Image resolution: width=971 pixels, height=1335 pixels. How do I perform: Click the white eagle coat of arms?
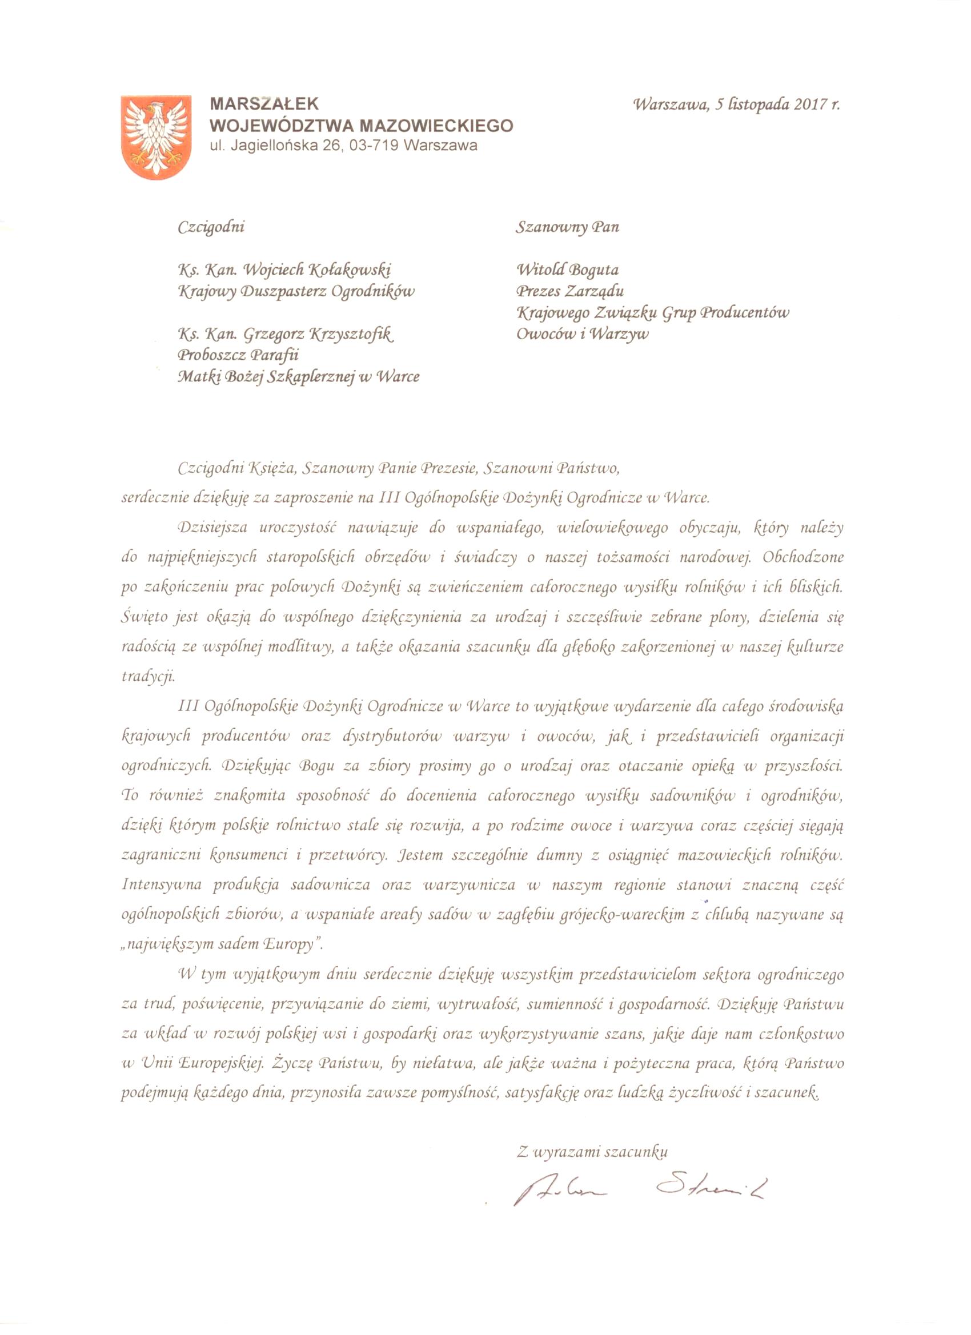click(156, 136)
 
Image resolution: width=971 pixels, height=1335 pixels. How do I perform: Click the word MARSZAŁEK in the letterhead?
click(264, 104)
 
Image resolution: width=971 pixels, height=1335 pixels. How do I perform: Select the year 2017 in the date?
click(811, 104)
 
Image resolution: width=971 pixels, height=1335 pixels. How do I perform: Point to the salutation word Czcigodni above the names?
click(211, 227)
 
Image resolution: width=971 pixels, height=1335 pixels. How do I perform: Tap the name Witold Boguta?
click(568, 270)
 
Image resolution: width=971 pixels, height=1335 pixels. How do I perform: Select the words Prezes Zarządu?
click(570, 291)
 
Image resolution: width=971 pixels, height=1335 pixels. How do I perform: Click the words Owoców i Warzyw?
click(583, 335)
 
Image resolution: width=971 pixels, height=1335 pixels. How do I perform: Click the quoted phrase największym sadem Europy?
click(223, 944)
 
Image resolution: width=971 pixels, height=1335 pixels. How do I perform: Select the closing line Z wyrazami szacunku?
click(592, 1152)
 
